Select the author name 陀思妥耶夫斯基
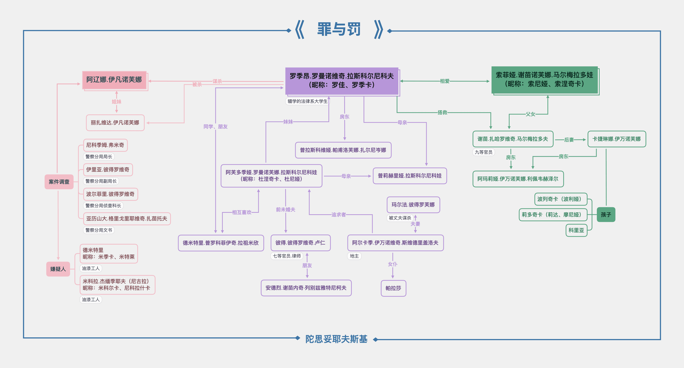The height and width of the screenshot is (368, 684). [x=336, y=339]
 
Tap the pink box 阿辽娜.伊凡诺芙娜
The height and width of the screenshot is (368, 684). [x=114, y=80]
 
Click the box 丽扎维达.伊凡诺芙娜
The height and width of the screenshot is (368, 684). [x=115, y=123]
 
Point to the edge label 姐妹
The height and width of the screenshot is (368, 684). [x=116, y=102]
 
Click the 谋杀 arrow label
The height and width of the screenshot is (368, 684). [x=217, y=81]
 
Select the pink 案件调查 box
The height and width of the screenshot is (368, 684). [x=59, y=182]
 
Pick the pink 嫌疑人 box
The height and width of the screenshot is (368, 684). [x=58, y=269]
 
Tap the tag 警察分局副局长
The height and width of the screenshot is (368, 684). [x=101, y=181]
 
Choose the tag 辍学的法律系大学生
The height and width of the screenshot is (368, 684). [x=307, y=101]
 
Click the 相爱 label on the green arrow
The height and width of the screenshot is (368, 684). [x=445, y=81]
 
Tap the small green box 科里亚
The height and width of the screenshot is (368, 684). [x=576, y=230]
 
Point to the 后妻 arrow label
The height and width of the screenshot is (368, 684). [x=569, y=140]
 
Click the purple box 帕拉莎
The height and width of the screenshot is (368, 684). [x=393, y=288]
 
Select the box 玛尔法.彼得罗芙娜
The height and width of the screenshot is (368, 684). [x=413, y=205]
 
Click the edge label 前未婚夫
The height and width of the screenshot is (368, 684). [x=286, y=210]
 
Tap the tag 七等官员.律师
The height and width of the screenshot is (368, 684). [x=287, y=256]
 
